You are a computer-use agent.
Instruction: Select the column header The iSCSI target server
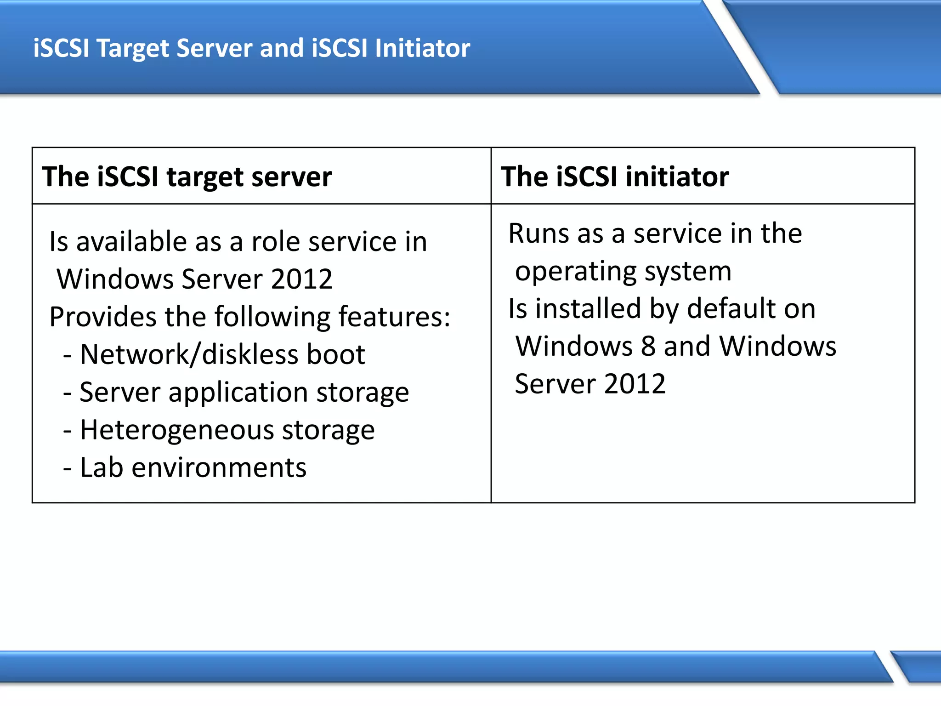tap(187, 176)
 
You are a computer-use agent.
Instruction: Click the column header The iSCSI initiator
tap(615, 176)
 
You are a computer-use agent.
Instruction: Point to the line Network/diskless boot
tap(222, 354)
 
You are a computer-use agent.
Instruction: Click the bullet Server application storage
tap(244, 393)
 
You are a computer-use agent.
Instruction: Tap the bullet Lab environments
tap(193, 468)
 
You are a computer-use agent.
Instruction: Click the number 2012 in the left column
tap(301, 279)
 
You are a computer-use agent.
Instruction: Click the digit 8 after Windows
tap(648, 346)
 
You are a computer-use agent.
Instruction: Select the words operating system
tap(623, 271)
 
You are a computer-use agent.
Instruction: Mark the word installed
tap(588, 308)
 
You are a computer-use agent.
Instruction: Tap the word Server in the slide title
tap(214, 49)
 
